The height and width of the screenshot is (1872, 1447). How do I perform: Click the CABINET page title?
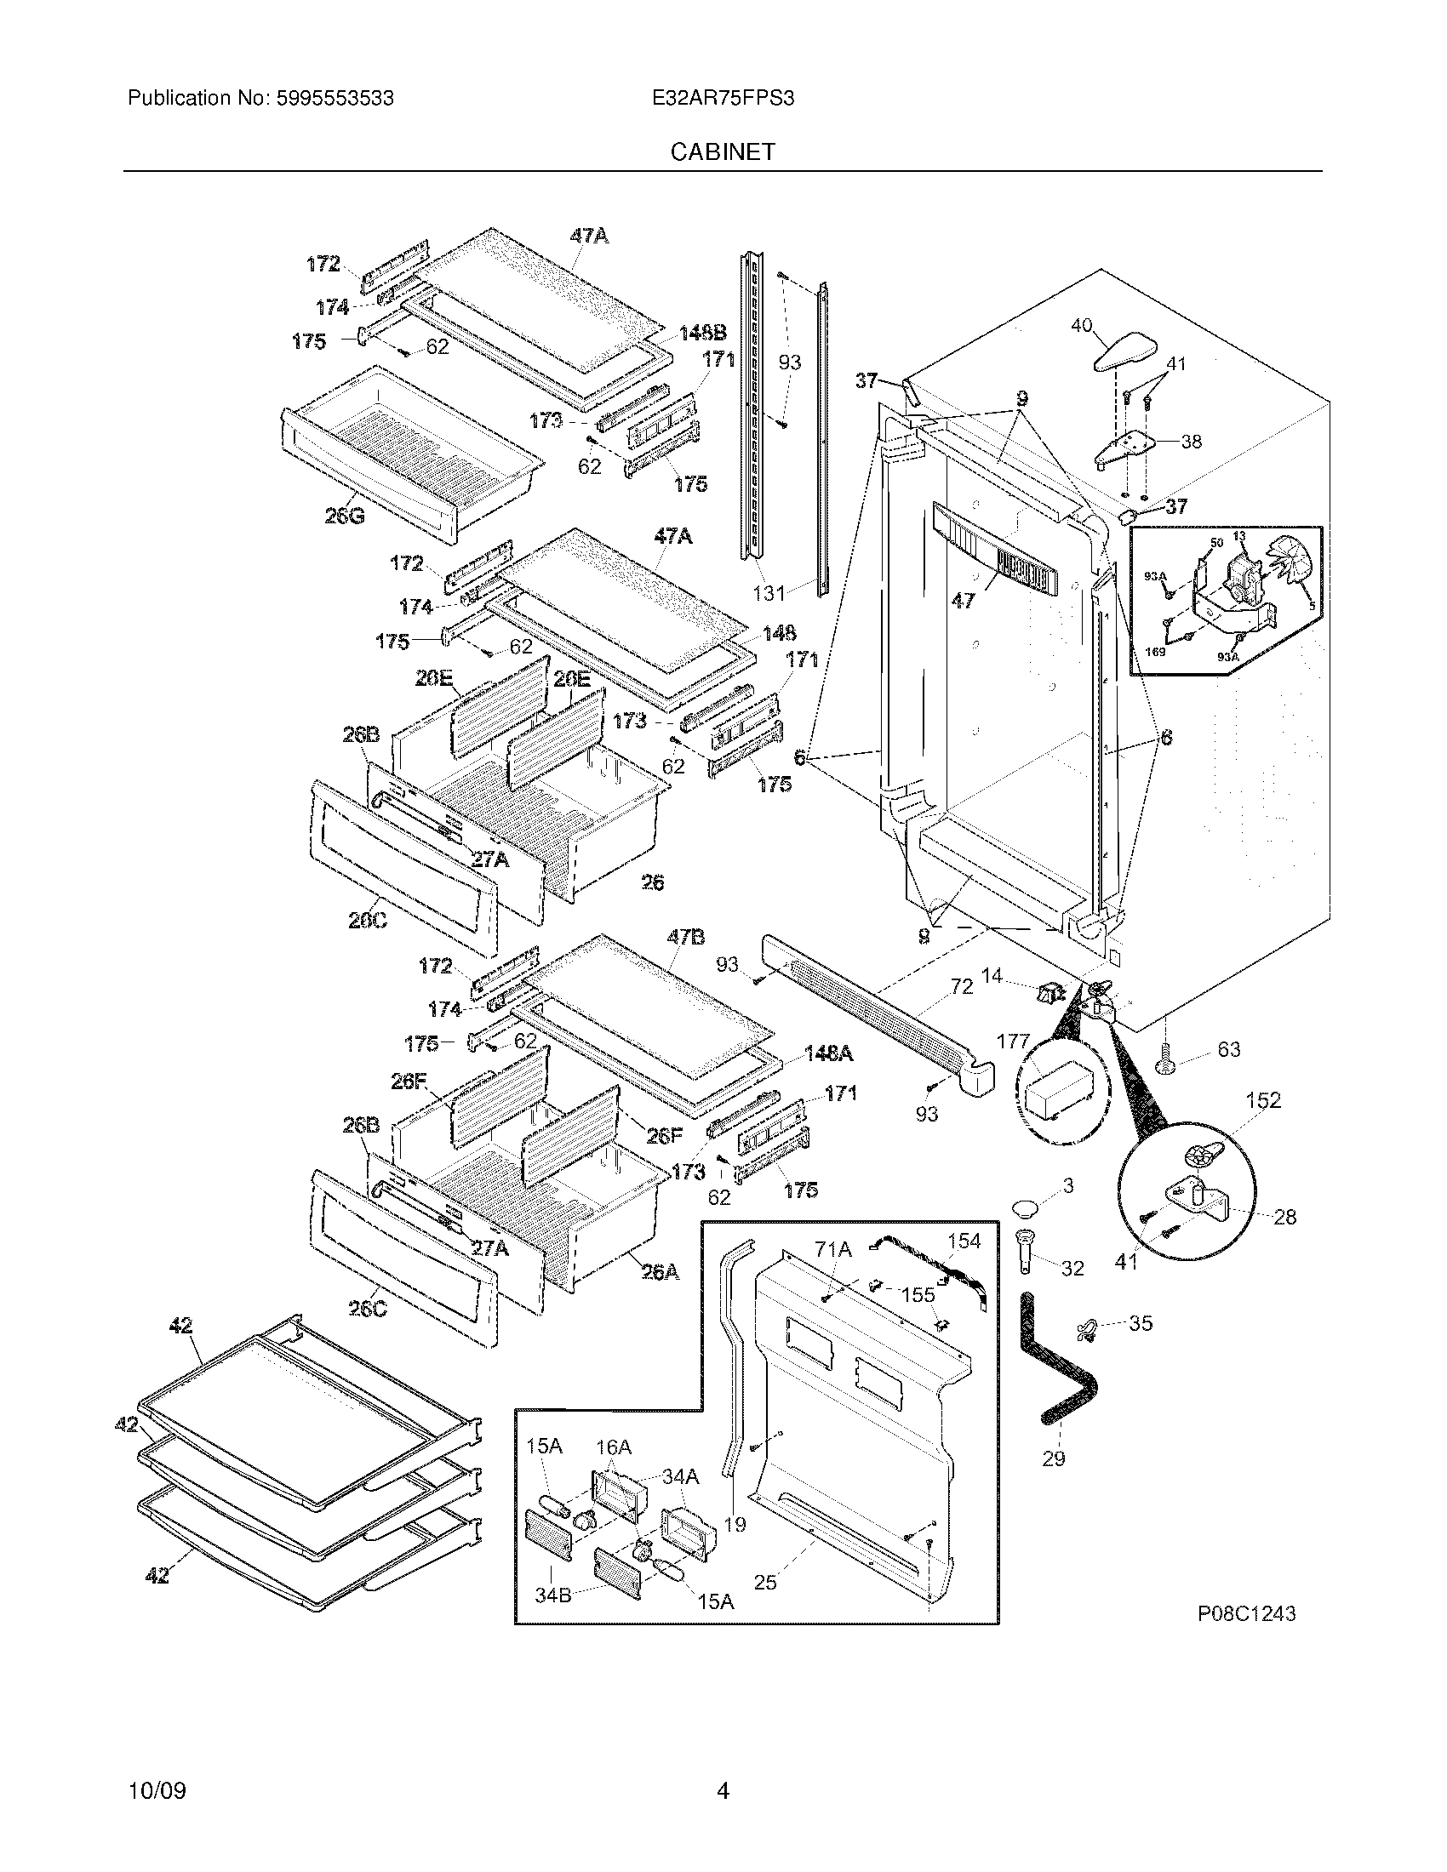coord(723,151)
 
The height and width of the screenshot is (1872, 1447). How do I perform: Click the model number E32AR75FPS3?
coord(723,98)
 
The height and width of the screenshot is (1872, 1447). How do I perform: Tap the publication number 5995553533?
coord(335,98)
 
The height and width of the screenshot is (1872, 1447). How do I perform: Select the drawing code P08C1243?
coord(1246,1614)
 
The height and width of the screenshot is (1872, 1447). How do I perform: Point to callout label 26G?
coord(344,516)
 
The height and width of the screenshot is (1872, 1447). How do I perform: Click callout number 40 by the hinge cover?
coord(1082,325)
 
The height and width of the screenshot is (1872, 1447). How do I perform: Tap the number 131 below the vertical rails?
coord(769,592)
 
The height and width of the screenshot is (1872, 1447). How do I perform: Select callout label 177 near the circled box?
coord(1013,1042)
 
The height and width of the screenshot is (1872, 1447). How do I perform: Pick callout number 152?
coord(1262,1099)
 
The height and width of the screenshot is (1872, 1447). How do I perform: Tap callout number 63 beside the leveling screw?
coord(1228,1049)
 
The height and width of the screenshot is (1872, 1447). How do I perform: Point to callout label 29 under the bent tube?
coord(1054,1458)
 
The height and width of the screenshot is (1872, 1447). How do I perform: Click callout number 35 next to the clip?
coord(1140,1322)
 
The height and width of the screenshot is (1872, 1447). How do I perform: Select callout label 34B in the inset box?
coord(553,1596)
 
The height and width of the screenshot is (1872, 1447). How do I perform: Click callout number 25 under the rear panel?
coord(764,1582)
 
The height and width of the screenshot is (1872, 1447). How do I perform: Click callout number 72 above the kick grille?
coord(962,986)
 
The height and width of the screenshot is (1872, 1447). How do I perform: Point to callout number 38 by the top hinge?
coord(1191,442)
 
